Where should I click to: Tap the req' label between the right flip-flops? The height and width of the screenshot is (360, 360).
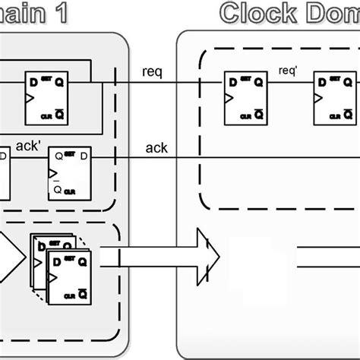point(288,71)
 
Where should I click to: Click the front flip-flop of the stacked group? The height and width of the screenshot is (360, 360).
point(70,275)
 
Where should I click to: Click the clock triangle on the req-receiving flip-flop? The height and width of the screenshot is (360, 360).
point(227,99)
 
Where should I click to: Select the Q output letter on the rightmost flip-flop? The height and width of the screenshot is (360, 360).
point(349,81)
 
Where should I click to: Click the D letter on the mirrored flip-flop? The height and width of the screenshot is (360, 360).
point(84,156)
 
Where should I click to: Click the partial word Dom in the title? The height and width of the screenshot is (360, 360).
point(331,13)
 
